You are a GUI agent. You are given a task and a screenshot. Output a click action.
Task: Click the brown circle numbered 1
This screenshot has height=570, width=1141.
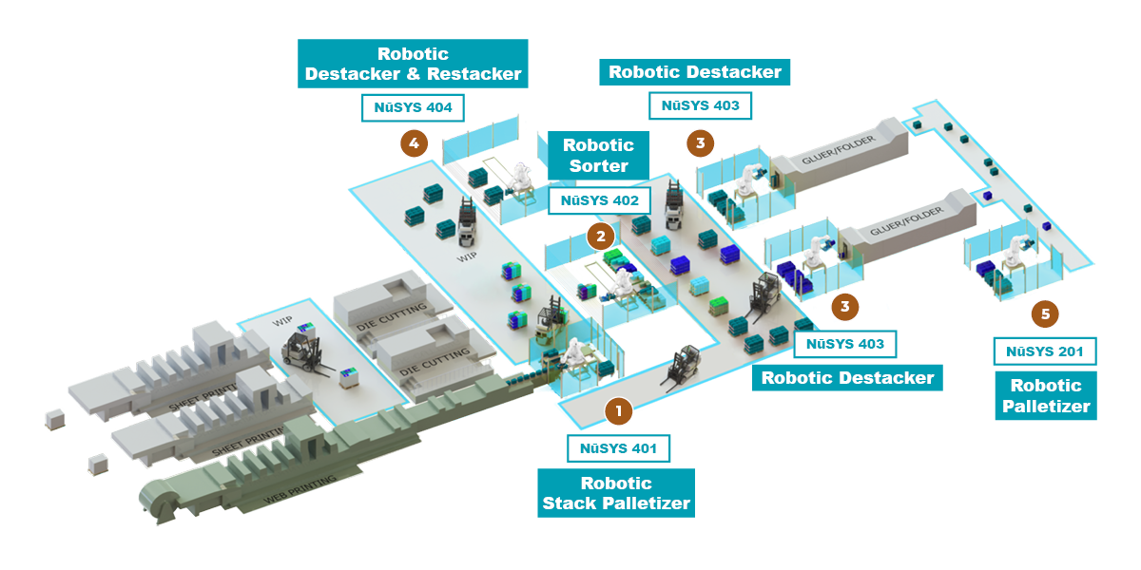click(618, 410)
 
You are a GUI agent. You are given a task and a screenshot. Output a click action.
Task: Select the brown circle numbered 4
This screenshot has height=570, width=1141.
click(413, 143)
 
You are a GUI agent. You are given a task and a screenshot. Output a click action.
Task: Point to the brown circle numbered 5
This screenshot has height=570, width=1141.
click(1044, 313)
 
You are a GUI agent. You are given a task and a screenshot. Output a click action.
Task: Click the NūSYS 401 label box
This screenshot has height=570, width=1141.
click(618, 446)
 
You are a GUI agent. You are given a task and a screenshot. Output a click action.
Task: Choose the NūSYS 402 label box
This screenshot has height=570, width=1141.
click(599, 200)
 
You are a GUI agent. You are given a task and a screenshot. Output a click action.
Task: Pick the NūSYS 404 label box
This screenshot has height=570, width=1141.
click(413, 107)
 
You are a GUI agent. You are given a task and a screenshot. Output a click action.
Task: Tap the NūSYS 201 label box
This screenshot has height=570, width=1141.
click(1044, 351)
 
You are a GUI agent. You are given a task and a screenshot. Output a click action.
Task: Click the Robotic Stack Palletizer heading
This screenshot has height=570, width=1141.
click(616, 493)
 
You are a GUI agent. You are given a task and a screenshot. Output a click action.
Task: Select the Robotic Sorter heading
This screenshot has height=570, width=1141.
click(598, 156)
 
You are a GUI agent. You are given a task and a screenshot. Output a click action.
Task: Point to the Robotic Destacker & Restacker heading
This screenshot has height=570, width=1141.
click(413, 64)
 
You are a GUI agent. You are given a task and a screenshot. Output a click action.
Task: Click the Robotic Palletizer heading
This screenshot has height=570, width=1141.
click(1046, 396)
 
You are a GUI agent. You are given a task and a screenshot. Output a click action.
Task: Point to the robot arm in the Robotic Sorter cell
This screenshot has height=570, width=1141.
click(621, 283)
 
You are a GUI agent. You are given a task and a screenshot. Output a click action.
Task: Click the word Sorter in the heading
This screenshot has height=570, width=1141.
click(598, 166)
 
